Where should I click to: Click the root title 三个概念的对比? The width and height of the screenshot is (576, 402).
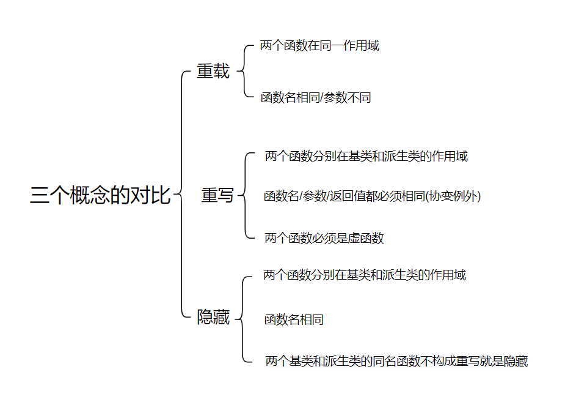[100, 195]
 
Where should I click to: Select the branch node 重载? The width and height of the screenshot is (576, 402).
[213, 72]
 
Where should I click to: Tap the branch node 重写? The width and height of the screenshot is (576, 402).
[217, 195]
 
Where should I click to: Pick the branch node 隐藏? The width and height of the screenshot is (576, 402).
[213, 318]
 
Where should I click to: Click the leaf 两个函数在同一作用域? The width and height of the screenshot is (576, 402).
[319, 46]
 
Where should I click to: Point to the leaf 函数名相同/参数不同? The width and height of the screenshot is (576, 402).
[316, 98]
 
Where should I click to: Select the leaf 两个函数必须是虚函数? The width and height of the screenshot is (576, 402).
[324, 238]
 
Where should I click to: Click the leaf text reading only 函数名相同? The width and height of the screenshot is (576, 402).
[294, 319]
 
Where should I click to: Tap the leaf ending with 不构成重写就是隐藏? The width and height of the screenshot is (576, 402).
[396, 361]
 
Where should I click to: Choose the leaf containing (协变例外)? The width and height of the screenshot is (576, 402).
[373, 196]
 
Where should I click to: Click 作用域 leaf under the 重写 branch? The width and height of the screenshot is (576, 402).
[366, 156]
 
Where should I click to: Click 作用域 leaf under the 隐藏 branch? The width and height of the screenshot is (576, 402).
[365, 275]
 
